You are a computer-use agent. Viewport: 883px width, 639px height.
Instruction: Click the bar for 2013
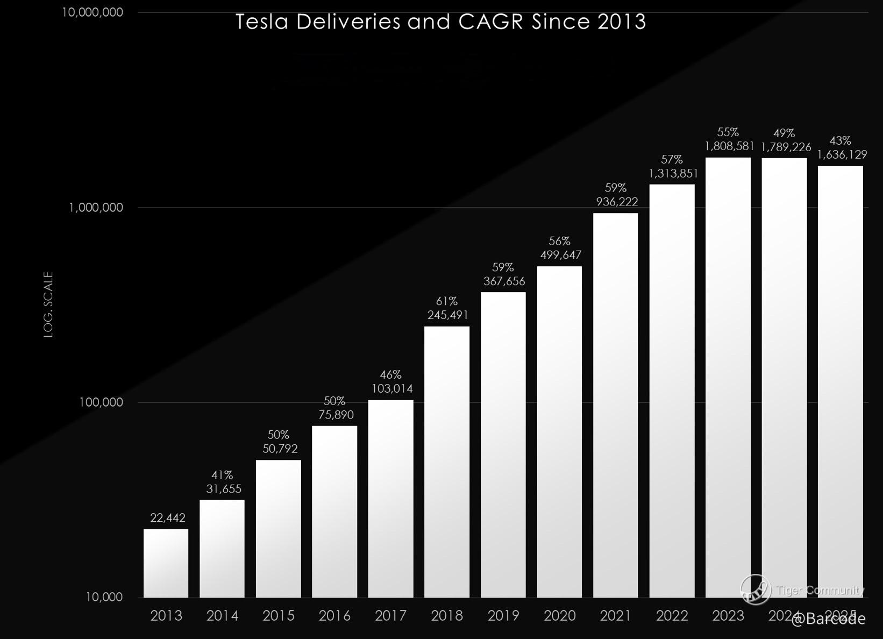pyautogui.click(x=166, y=563)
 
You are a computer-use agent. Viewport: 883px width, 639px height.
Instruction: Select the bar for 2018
pyautogui.click(x=446, y=461)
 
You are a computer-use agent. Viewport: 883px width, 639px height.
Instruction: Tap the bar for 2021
pyautogui.click(x=615, y=405)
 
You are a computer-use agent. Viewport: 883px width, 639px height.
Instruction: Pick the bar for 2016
pyautogui.click(x=334, y=512)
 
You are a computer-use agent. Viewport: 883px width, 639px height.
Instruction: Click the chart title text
pyautogui.click(x=440, y=22)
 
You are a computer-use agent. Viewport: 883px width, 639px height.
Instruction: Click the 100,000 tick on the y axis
pyautogui.click(x=101, y=402)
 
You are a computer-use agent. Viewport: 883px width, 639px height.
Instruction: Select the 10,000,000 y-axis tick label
pyautogui.click(x=92, y=12)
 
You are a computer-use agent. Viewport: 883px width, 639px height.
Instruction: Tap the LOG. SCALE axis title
pyautogui.click(x=49, y=304)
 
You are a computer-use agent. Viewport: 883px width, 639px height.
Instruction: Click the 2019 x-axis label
pyautogui.click(x=503, y=616)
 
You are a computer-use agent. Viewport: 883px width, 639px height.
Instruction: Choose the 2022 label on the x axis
pyautogui.click(x=672, y=616)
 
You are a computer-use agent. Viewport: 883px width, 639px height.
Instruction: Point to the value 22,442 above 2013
pyautogui.click(x=168, y=518)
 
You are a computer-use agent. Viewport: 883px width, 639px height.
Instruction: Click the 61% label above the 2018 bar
pyautogui.click(x=446, y=301)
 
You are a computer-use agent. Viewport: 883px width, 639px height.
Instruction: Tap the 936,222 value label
pyautogui.click(x=617, y=202)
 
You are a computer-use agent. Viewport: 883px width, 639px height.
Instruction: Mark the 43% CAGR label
pyautogui.click(x=840, y=141)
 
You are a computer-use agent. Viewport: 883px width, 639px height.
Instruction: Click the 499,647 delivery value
pyautogui.click(x=561, y=255)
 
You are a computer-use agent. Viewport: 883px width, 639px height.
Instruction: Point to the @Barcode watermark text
pyautogui.click(x=828, y=619)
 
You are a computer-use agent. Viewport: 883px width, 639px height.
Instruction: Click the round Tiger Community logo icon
pyautogui.click(x=756, y=588)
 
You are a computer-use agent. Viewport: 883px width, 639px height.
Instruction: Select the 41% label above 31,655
pyautogui.click(x=222, y=475)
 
